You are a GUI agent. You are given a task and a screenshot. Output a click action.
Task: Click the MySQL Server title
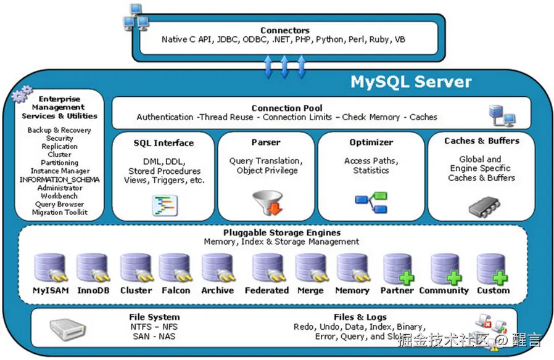(x=411, y=82)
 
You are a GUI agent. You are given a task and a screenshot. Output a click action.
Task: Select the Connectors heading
(x=284, y=30)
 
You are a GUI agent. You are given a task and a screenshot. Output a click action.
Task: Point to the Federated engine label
(x=267, y=290)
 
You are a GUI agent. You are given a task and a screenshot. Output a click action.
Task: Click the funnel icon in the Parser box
(x=267, y=203)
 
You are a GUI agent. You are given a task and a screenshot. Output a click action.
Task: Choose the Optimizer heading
(x=371, y=142)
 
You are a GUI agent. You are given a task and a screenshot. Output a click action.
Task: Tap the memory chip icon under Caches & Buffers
(x=483, y=206)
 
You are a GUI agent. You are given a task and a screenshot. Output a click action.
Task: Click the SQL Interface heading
(x=163, y=143)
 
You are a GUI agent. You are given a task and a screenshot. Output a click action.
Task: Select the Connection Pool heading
(x=287, y=108)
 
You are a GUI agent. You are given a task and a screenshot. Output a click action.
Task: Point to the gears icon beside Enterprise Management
(x=23, y=94)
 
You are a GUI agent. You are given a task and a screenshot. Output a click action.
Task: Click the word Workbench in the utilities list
(x=60, y=196)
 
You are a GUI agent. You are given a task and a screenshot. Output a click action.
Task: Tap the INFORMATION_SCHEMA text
(x=60, y=179)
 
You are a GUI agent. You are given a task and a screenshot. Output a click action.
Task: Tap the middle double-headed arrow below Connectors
(x=284, y=66)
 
